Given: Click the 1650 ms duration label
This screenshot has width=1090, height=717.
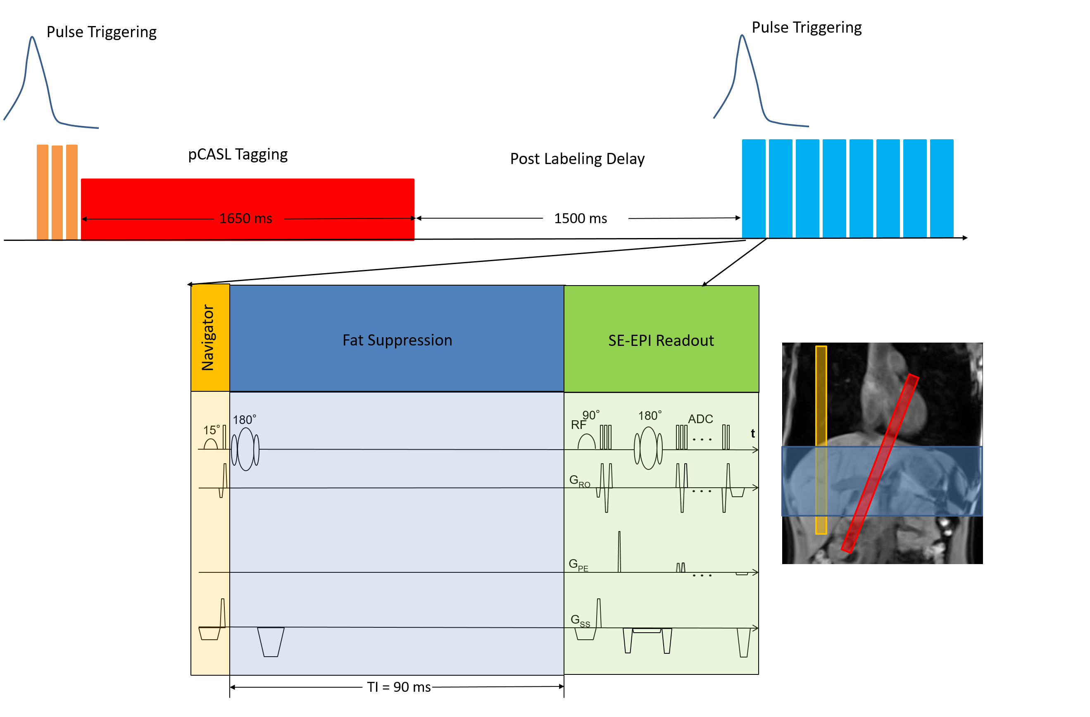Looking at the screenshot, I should pyautogui.click(x=245, y=219).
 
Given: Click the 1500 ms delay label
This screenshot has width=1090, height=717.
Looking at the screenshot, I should pyautogui.click(x=580, y=219).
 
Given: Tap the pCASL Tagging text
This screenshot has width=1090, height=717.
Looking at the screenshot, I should pyautogui.click(x=238, y=155).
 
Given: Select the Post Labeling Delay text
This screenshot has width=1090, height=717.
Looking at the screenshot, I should pyautogui.click(x=577, y=159).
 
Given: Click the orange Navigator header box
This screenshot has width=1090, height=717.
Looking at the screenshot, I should pyautogui.click(x=210, y=337).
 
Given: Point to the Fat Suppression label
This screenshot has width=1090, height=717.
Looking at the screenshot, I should pyautogui.click(x=397, y=340).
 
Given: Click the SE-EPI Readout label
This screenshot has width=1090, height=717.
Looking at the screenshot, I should pyautogui.click(x=660, y=341).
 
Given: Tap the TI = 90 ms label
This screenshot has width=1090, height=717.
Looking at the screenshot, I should pyautogui.click(x=398, y=687).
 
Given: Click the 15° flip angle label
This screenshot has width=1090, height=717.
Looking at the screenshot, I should pyautogui.click(x=211, y=430).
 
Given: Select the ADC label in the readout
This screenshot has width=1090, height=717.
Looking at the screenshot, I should pyautogui.click(x=700, y=419).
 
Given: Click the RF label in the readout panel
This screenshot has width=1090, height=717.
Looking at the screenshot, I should pyautogui.click(x=578, y=425).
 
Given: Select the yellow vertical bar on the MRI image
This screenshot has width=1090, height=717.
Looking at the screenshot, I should pyautogui.click(x=821, y=440).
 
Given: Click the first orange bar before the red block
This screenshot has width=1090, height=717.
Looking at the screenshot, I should pyautogui.click(x=43, y=192).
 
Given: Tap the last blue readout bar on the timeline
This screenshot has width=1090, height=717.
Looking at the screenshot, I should pyautogui.click(x=942, y=188).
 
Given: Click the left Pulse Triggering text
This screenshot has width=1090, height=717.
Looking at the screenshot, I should pyautogui.click(x=102, y=32).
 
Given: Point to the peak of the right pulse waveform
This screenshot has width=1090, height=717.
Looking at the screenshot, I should pyautogui.click(x=742, y=36).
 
